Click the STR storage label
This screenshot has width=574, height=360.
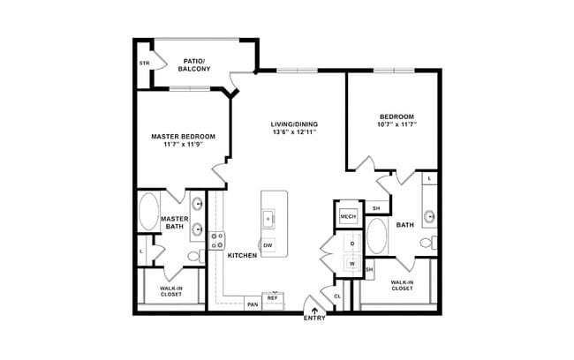point(144,64)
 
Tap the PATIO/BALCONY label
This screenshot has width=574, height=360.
point(194,64)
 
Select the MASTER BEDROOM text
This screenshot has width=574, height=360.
point(183,136)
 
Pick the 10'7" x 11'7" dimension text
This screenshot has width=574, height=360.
point(397,124)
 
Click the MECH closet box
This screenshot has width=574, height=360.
point(347,214)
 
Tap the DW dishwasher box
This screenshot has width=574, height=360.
point(268,244)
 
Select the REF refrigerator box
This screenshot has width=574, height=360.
point(273,299)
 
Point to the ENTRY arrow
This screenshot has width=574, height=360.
point(315,309)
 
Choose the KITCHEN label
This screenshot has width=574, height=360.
point(242,256)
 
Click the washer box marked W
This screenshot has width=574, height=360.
point(351,263)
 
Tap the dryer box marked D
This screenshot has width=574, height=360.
point(351,243)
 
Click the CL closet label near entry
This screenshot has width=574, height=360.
point(336,296)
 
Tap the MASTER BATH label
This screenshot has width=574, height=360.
point(174,223)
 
